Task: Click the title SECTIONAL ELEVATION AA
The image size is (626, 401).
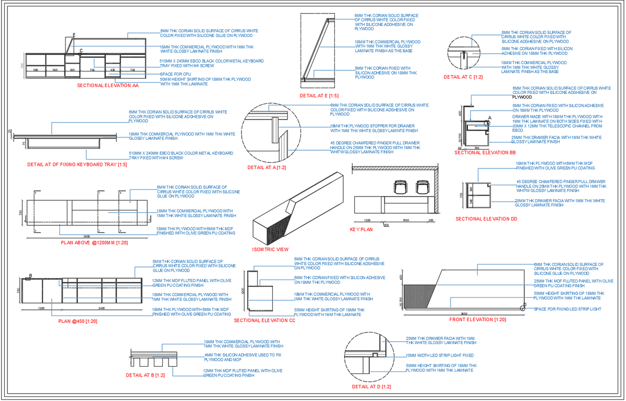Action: tap(108, 85)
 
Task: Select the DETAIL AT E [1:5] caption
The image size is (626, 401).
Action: tap(319, 96)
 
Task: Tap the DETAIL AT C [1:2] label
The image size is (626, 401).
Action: tap(463, 77)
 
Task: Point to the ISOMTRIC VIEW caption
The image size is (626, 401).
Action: tap(270, 249)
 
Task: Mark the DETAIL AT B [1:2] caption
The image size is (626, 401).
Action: tap(146, 375)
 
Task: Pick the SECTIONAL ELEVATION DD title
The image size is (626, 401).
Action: tap(486, 219)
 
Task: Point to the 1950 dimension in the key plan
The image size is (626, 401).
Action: tap(406, 220)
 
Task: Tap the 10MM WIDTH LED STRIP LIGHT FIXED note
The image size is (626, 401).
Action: tap(440, 355)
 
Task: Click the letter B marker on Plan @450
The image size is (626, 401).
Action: tap(30, 276)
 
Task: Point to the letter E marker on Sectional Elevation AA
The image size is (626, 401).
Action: tap(74, 35)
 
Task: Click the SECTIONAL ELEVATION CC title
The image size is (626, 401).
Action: tap(264, 320)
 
